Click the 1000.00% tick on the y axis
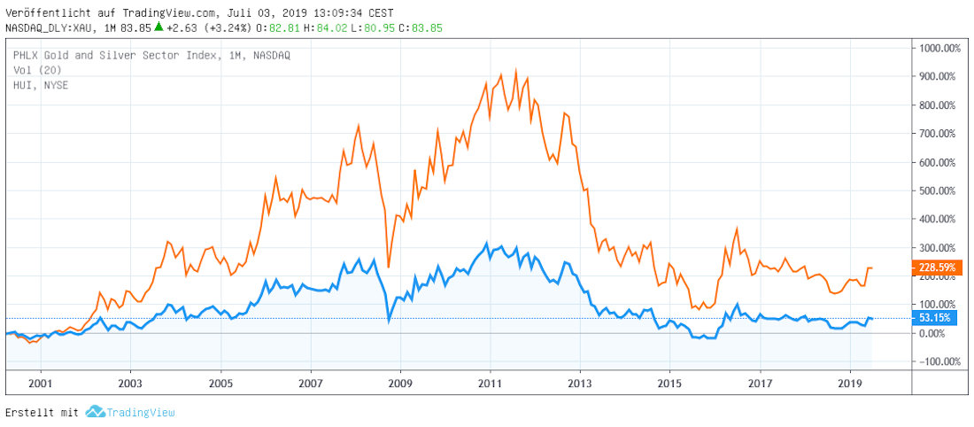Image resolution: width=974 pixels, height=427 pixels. pos(940,49)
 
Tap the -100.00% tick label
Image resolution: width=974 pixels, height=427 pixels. pos(941,361)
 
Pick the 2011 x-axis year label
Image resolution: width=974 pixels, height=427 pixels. pos(490,385)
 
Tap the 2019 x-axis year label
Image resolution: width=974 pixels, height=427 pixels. pos(849,385)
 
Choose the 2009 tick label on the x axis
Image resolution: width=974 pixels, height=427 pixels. pos(400,385)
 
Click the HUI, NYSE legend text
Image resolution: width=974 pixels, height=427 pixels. pos(41,84)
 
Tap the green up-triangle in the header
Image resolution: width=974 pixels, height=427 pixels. pos(158,27)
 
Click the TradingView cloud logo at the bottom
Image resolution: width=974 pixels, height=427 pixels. pos(95,412)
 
